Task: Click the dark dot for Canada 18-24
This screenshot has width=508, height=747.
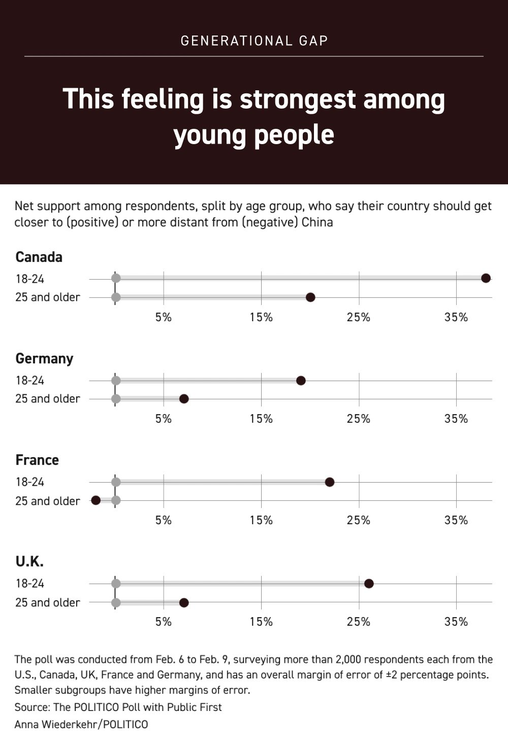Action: pos(486,278)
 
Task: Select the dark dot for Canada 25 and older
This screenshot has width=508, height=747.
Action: pos(310,297)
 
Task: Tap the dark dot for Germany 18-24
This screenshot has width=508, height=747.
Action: pos(301,381)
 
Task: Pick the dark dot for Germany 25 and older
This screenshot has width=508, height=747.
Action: pos(184,399)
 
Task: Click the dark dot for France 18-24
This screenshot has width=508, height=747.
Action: pos(329,482)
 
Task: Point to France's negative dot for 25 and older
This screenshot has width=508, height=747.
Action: pos(96,500)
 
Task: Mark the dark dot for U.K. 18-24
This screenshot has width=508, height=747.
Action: pos(369,584)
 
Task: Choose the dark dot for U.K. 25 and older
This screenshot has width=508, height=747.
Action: pos(184,602)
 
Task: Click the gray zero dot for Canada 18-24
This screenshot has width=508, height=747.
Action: pos(116,278)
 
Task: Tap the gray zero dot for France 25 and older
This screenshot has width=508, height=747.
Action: pos(116,500)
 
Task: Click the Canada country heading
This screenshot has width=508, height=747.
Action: pos(39,257)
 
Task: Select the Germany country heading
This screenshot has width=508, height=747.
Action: pos(44,359)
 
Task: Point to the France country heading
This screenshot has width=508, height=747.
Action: pos(37,460)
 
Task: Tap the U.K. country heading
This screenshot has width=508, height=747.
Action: pos(29,562)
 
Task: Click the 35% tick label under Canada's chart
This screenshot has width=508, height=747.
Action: pos(456,317)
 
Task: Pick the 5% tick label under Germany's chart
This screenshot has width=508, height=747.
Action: pos(164,419)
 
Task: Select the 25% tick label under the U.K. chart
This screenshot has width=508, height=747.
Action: pos(359,622)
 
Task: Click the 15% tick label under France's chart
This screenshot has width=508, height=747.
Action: pos(261,520)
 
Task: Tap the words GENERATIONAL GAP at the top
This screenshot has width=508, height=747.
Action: pos(254,41)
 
